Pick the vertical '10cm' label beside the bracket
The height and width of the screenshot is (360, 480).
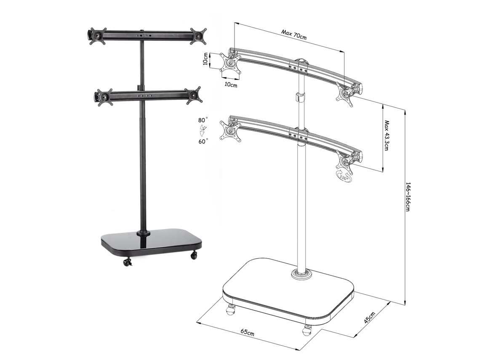click(x=205, y=59)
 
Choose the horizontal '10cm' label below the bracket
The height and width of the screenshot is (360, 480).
click(x=230, y=85)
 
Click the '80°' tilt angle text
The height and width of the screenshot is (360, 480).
click(x=203, y=120)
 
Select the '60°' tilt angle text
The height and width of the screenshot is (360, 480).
click(x=203, y=142)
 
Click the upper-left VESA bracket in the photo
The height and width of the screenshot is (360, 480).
click(x=96, y=36)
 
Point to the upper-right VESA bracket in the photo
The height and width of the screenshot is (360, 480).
click(x=199, y=35)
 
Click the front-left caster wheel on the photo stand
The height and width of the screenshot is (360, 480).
click(x=127, y=262)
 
